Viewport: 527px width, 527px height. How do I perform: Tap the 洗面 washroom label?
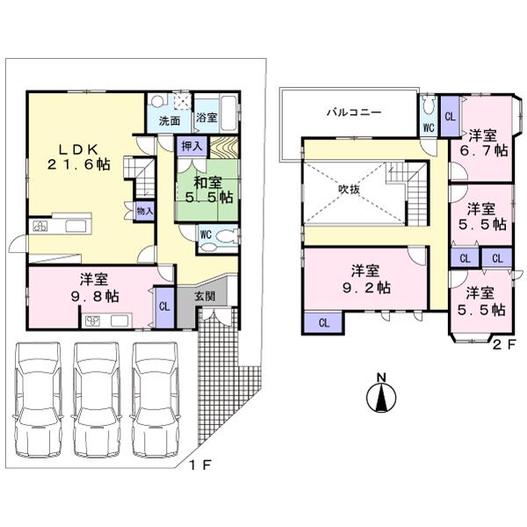pos(169,121)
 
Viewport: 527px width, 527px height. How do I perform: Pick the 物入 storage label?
pos(145,210)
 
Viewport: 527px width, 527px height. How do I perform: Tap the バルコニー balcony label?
pos(353,113)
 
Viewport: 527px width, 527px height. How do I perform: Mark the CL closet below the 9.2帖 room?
pos(324,322)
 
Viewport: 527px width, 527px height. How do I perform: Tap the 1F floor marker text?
pos(199,464)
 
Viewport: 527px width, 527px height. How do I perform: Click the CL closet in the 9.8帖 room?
pos(164,306)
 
